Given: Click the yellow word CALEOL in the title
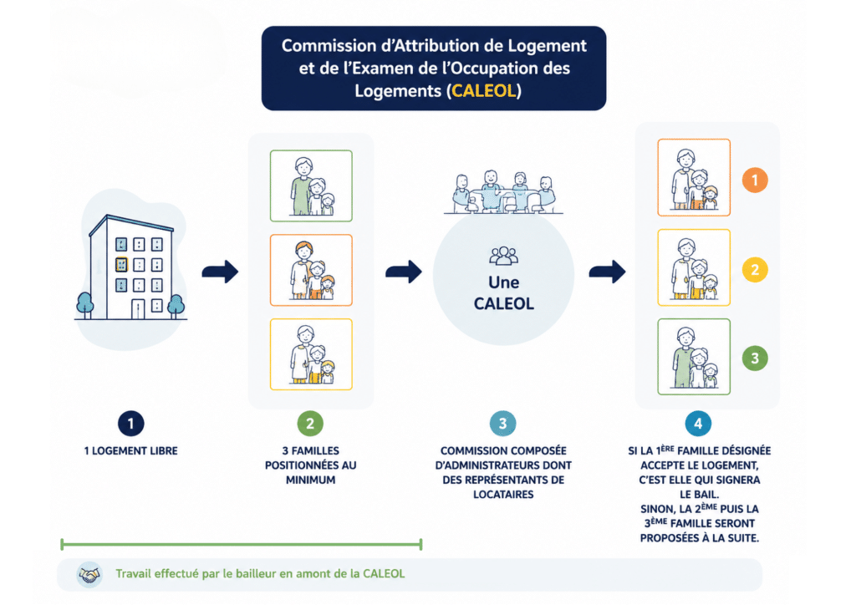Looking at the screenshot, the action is coord(484,90).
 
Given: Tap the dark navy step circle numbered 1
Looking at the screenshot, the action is coord(130,424).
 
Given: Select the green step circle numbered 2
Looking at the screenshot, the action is coord(310,424).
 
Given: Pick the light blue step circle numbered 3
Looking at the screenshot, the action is coord(502,424).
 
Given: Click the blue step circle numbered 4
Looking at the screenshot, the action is coord(698,424).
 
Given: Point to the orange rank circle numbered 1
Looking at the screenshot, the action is coord(755,180).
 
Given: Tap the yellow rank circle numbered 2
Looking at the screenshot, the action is coord(755,270).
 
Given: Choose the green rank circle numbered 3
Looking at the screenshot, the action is coord(755,358).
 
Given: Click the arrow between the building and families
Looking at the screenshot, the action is coord(220,272).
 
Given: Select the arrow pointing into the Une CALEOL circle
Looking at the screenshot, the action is coord(404,272).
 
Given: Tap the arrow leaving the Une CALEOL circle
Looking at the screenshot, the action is coord(607,272).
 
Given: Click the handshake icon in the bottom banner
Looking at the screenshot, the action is coord(89,574).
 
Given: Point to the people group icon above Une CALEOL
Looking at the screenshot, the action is coord(503,256).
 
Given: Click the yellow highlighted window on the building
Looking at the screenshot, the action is coord(121,265).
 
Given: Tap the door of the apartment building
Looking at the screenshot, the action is coord(138,309).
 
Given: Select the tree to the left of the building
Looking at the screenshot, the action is coord(84,305).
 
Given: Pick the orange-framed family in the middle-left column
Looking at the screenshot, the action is coord(311,270).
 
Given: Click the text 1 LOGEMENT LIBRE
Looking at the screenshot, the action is coord(130,451).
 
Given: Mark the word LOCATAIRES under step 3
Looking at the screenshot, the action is coord(502,495).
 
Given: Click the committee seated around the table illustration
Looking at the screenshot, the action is coord(503,191).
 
